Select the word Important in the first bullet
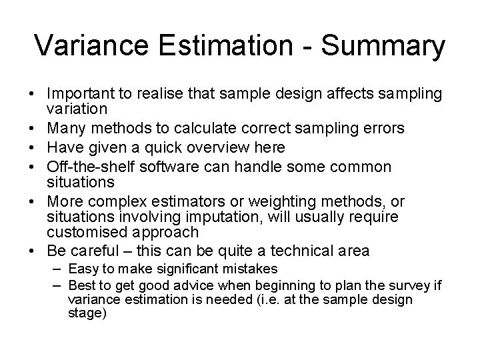81,94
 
